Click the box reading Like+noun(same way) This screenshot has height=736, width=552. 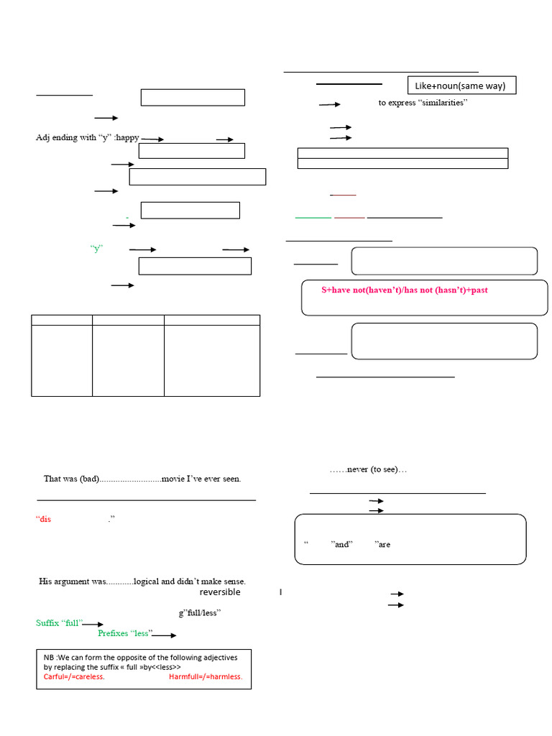(461, 86)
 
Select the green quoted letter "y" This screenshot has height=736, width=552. (97, 249)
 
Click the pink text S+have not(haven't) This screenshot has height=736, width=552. (405, 290)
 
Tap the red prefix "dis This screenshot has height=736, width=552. (44, 519)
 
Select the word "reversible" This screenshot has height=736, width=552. (220, 592)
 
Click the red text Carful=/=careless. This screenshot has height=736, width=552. (74, 677)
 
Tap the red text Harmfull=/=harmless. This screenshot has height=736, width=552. (206, 677)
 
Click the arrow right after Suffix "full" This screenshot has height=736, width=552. (93, 625)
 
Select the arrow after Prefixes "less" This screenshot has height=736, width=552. (164, 635)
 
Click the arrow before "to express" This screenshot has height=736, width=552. (329, 104)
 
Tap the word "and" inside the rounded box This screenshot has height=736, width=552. (341, 544)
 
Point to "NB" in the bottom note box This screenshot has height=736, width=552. (49, 657)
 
